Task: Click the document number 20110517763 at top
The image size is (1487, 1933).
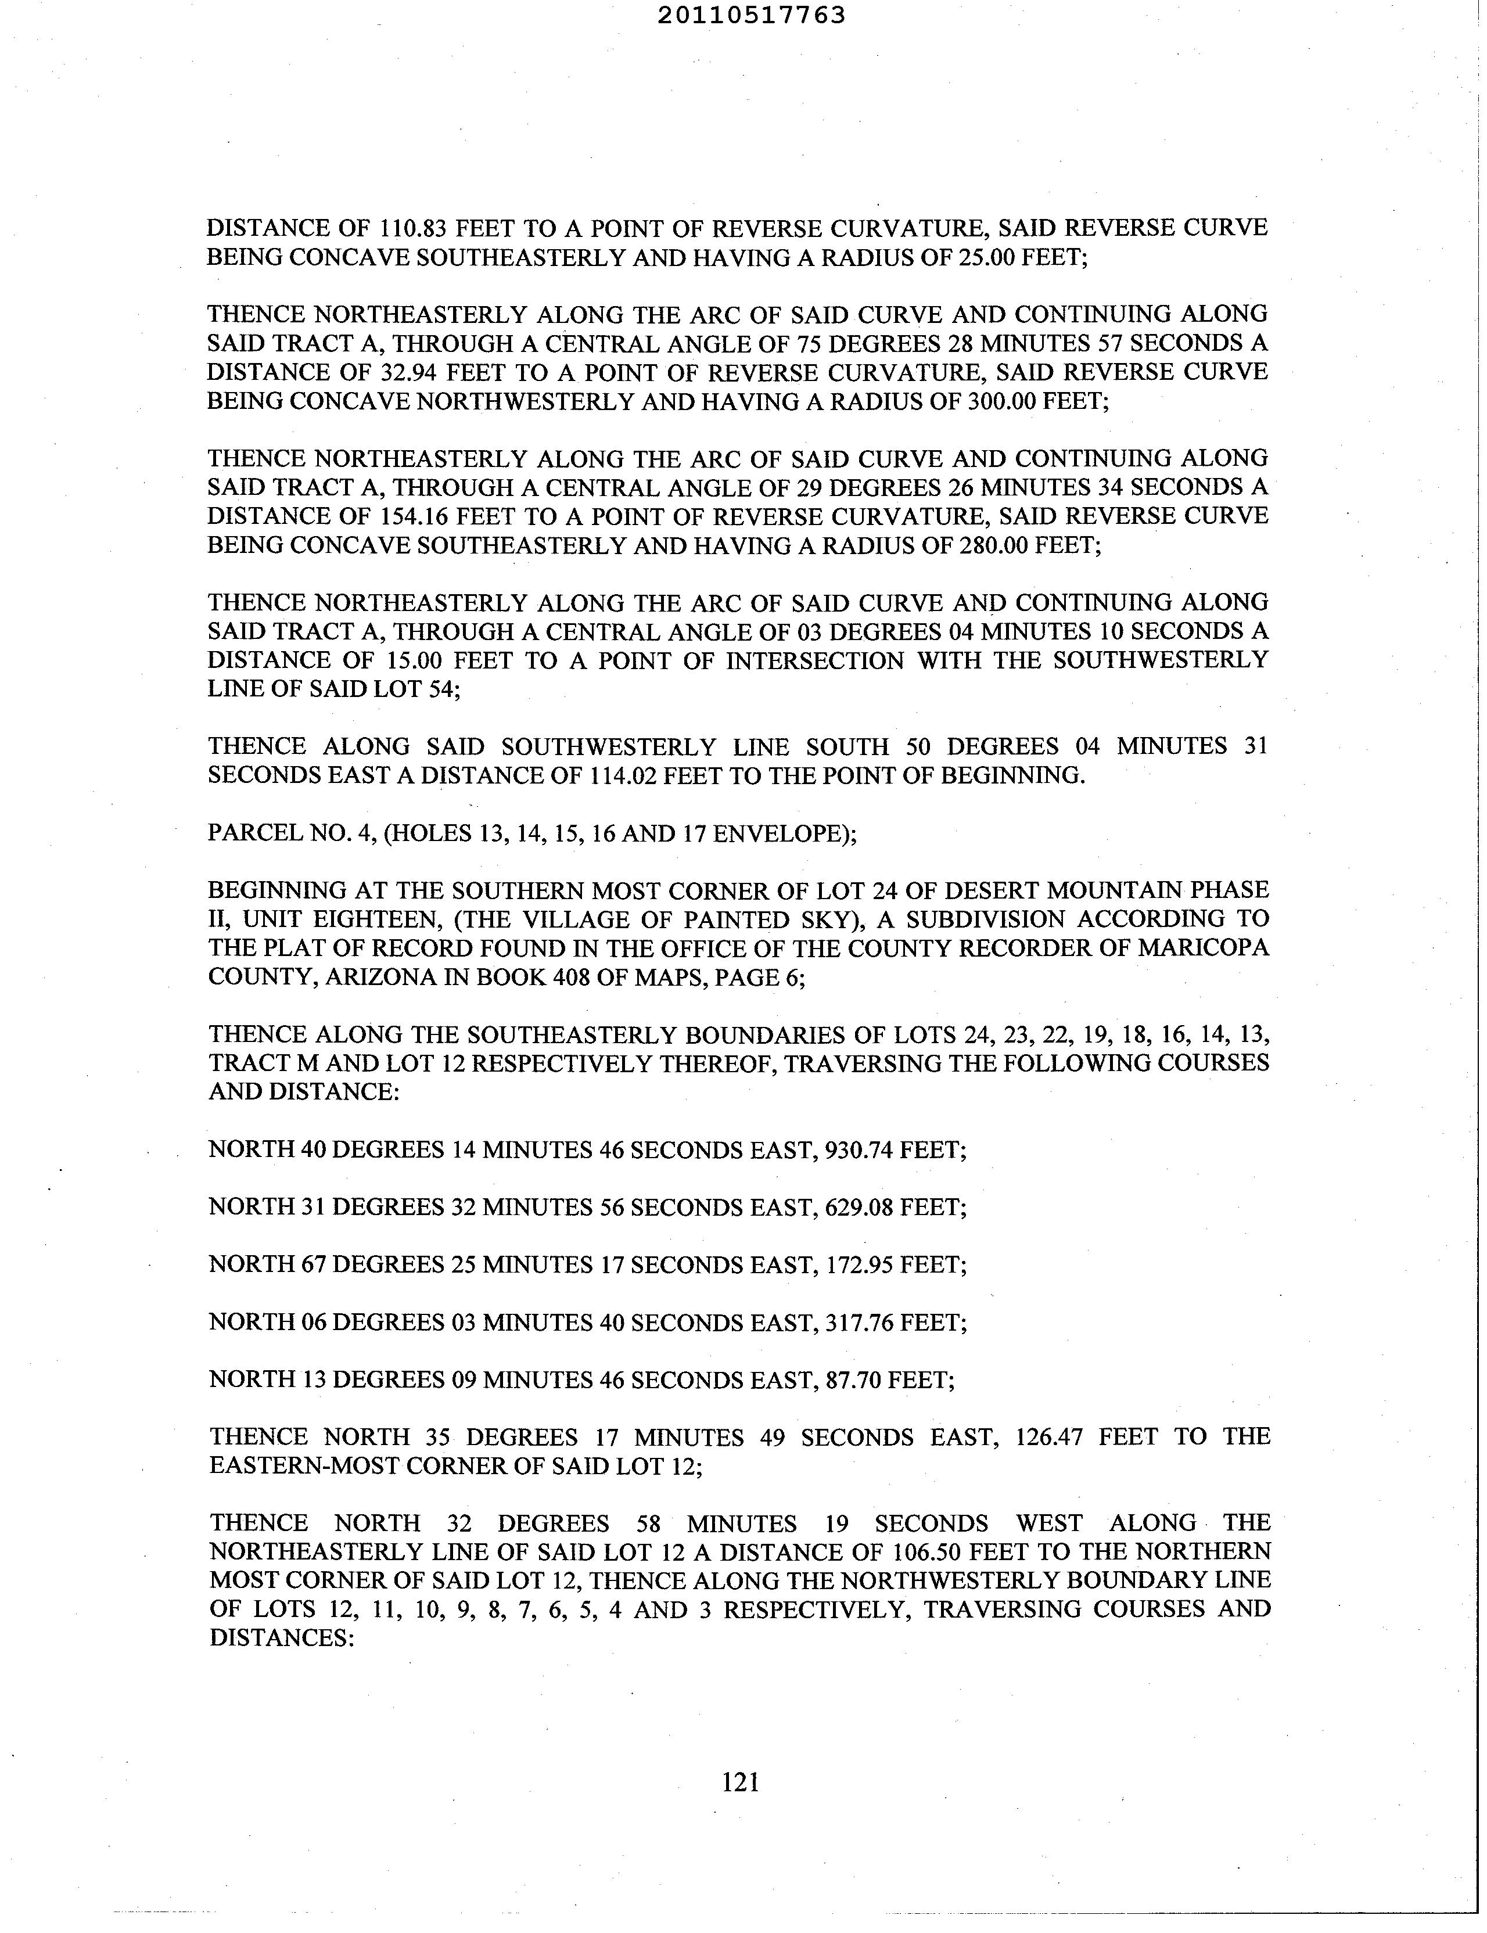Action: point(752,15)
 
